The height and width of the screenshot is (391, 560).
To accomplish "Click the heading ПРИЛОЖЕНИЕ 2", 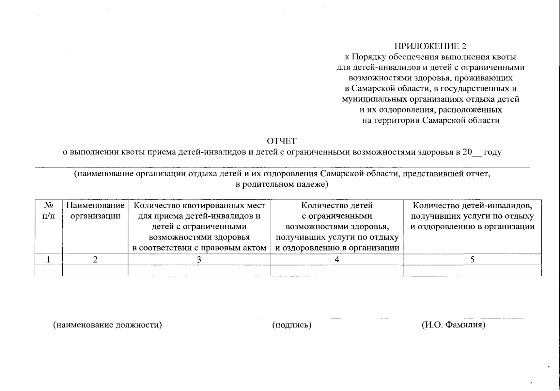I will (430, 46).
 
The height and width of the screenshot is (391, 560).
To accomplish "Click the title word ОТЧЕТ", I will (282, 141).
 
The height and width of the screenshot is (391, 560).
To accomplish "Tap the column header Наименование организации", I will (95, 211).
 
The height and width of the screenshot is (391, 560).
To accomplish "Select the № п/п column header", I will (49, 211).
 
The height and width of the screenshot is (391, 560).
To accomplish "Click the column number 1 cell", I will (49, 260).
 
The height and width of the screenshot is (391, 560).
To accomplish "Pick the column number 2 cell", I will (95, 260).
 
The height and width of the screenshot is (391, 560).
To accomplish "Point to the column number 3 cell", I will (199, 260).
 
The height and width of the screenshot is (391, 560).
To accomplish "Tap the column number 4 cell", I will (337, 260).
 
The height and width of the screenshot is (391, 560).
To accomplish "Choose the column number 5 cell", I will (472, 260).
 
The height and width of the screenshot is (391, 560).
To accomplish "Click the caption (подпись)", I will (292, 325).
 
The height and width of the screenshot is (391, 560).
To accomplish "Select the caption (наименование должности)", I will (108, 325).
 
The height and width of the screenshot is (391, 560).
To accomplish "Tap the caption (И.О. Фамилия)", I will (453, 325).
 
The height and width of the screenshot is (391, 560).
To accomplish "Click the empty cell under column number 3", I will (199, 270).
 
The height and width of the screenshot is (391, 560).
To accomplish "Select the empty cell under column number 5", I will (472, 270).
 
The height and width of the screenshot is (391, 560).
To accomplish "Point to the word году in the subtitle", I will (493, 152).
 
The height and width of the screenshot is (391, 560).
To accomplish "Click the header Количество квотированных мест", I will (199, 206).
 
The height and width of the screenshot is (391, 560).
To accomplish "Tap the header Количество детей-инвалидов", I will (472, 206).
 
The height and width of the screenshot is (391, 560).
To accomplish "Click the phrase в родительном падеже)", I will (282, 184).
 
